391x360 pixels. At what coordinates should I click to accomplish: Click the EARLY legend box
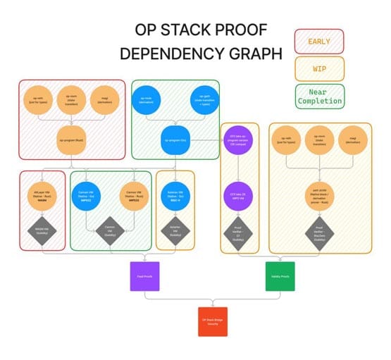coord(318,42)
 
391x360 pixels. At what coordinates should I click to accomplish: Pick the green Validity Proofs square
coord(278,275)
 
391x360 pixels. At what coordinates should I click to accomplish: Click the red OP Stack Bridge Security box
coord(211,321)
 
